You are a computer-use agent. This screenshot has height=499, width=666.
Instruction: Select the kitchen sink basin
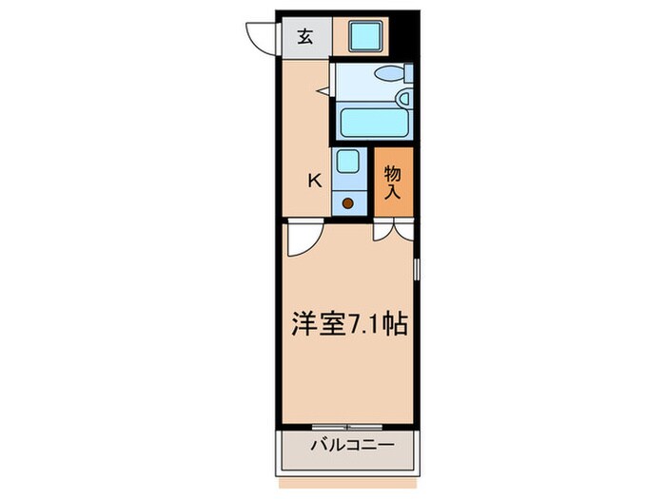click(347, 163)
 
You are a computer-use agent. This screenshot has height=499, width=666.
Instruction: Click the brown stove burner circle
click(348, 202)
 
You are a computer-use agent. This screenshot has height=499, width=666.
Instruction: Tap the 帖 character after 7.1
click(397, 324)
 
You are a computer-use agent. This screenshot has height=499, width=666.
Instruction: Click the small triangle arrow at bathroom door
click(323, 92)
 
